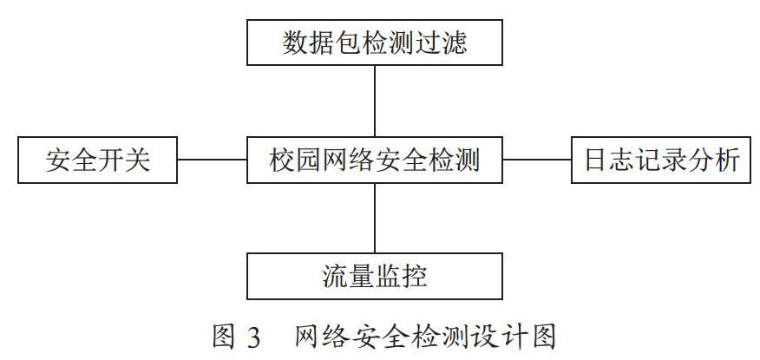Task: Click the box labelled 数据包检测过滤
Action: pyautogui.click(x=374, y=43)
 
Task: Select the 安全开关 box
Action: pyautogui.click(x=97, y=160)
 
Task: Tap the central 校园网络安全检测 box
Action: pyautogui.click(x=374, y=160)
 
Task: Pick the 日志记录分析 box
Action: pyautogui.click(x=661, y=160)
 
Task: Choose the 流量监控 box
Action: pyautogui.click(x=374, y=276)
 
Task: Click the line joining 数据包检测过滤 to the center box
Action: pyautogui.click(x=375, y=101)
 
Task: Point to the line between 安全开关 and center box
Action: pyautogui.click(x=213, y=160)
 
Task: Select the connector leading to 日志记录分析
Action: pyautogui.click(x=537, y=160)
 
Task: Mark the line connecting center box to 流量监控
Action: pyautogui.click(x=375, y=218)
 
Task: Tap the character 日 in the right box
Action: pyautogui.click(x=596, y=160)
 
